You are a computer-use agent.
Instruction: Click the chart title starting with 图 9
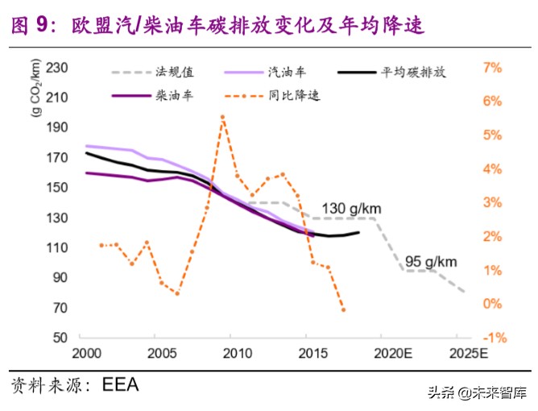[x=217, y=26]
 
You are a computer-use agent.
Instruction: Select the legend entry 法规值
[x=174, y=72]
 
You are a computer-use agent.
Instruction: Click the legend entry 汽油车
[x=286, y=72]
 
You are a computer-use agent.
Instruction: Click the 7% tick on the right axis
[x=492, y=68]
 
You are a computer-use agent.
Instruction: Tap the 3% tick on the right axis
[x=492, y=203]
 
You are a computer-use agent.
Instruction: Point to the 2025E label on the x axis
[x=469, y=355]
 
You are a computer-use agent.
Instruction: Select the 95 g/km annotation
[x=431, y=261]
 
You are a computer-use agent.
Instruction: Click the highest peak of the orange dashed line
[x=221, y=116]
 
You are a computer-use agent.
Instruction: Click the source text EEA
[x=121, y=384]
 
